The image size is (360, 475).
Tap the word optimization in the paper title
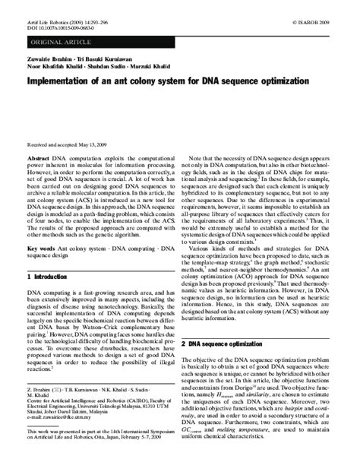[x=273, y=80]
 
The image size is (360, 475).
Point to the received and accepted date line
[x=67, y=144]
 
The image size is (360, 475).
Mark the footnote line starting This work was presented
[x=99, y=430]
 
